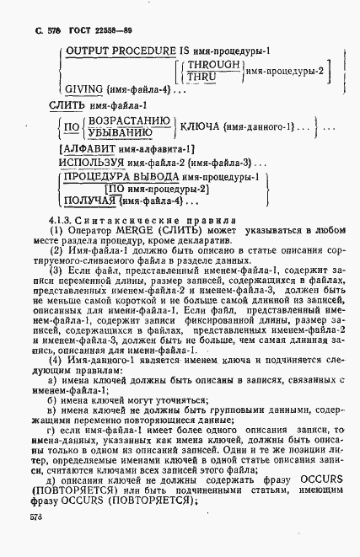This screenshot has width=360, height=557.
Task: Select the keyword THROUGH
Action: pos(213,64)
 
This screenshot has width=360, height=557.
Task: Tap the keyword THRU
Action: pos(204,77)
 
